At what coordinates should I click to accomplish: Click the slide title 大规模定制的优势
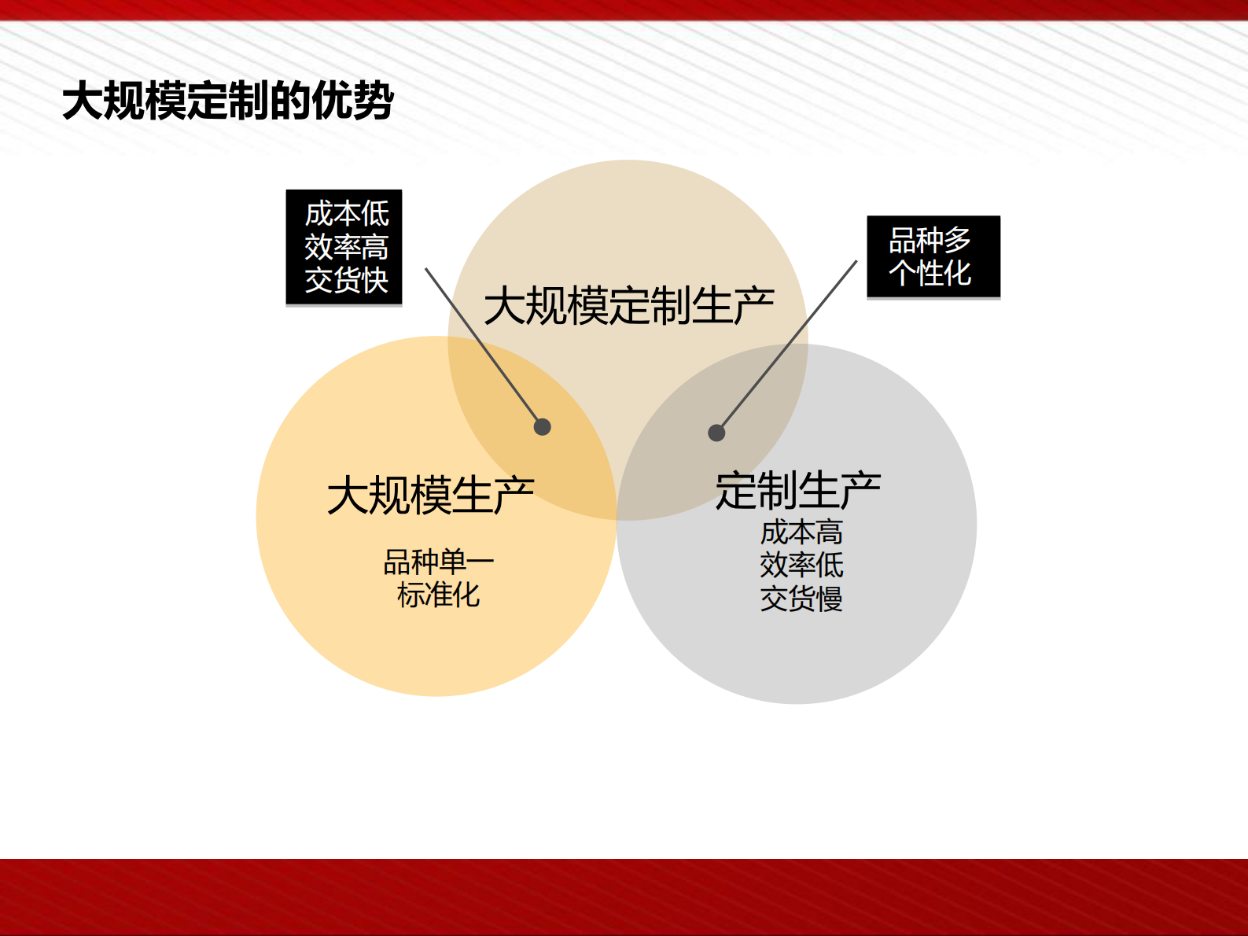tap(228, 101)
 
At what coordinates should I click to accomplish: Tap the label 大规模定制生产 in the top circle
tap(628, 306)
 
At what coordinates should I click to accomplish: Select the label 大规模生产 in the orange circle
tap(430, 496)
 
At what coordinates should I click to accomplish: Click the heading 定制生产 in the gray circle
tap(797, 491)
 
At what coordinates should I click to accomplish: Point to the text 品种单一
tap(438, 562)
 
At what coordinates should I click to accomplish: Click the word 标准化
tap(438, 595)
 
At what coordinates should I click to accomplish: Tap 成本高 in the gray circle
tap(801, 532)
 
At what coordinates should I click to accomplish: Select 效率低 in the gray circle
tap(801, 565)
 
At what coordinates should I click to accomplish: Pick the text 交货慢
tap(801, 599)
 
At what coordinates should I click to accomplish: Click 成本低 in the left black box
tap(347, 213)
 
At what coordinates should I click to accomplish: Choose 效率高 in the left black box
tap(347, 247)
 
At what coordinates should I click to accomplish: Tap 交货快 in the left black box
tap(347, 280)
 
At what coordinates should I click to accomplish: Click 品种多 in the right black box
tap(930, 240)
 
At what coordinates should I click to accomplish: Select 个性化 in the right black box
tap(930, 274)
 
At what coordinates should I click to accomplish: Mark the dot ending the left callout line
tap(543, 427)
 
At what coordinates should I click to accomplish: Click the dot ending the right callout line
tap(716, 433)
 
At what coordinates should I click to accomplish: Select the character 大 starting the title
tap(83, 101)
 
